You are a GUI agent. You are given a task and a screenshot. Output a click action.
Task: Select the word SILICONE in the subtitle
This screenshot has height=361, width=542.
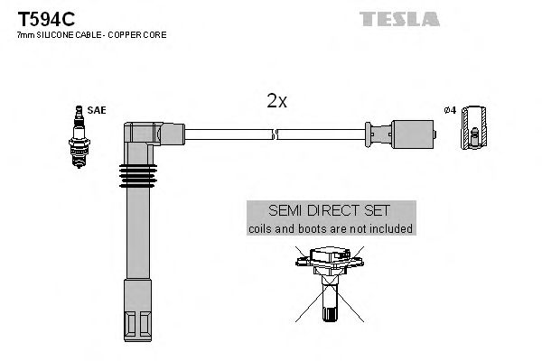pyautogui.click(x=56, y=34)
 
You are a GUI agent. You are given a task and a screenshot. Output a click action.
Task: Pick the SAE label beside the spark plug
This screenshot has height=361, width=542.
pyautogui.click(x=97, y=110)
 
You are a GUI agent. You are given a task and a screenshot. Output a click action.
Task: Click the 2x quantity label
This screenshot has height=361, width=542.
pyautogui.click(x=276, y=102)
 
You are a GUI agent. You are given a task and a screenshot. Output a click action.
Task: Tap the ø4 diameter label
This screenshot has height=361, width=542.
pyautogui.click(x=449, y=110)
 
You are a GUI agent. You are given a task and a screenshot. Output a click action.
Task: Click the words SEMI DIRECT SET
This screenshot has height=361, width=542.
pyautogui.click(x=331, y=209)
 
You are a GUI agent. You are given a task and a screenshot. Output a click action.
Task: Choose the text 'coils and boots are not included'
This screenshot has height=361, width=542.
pyautogui.click(x=331, y=228)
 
